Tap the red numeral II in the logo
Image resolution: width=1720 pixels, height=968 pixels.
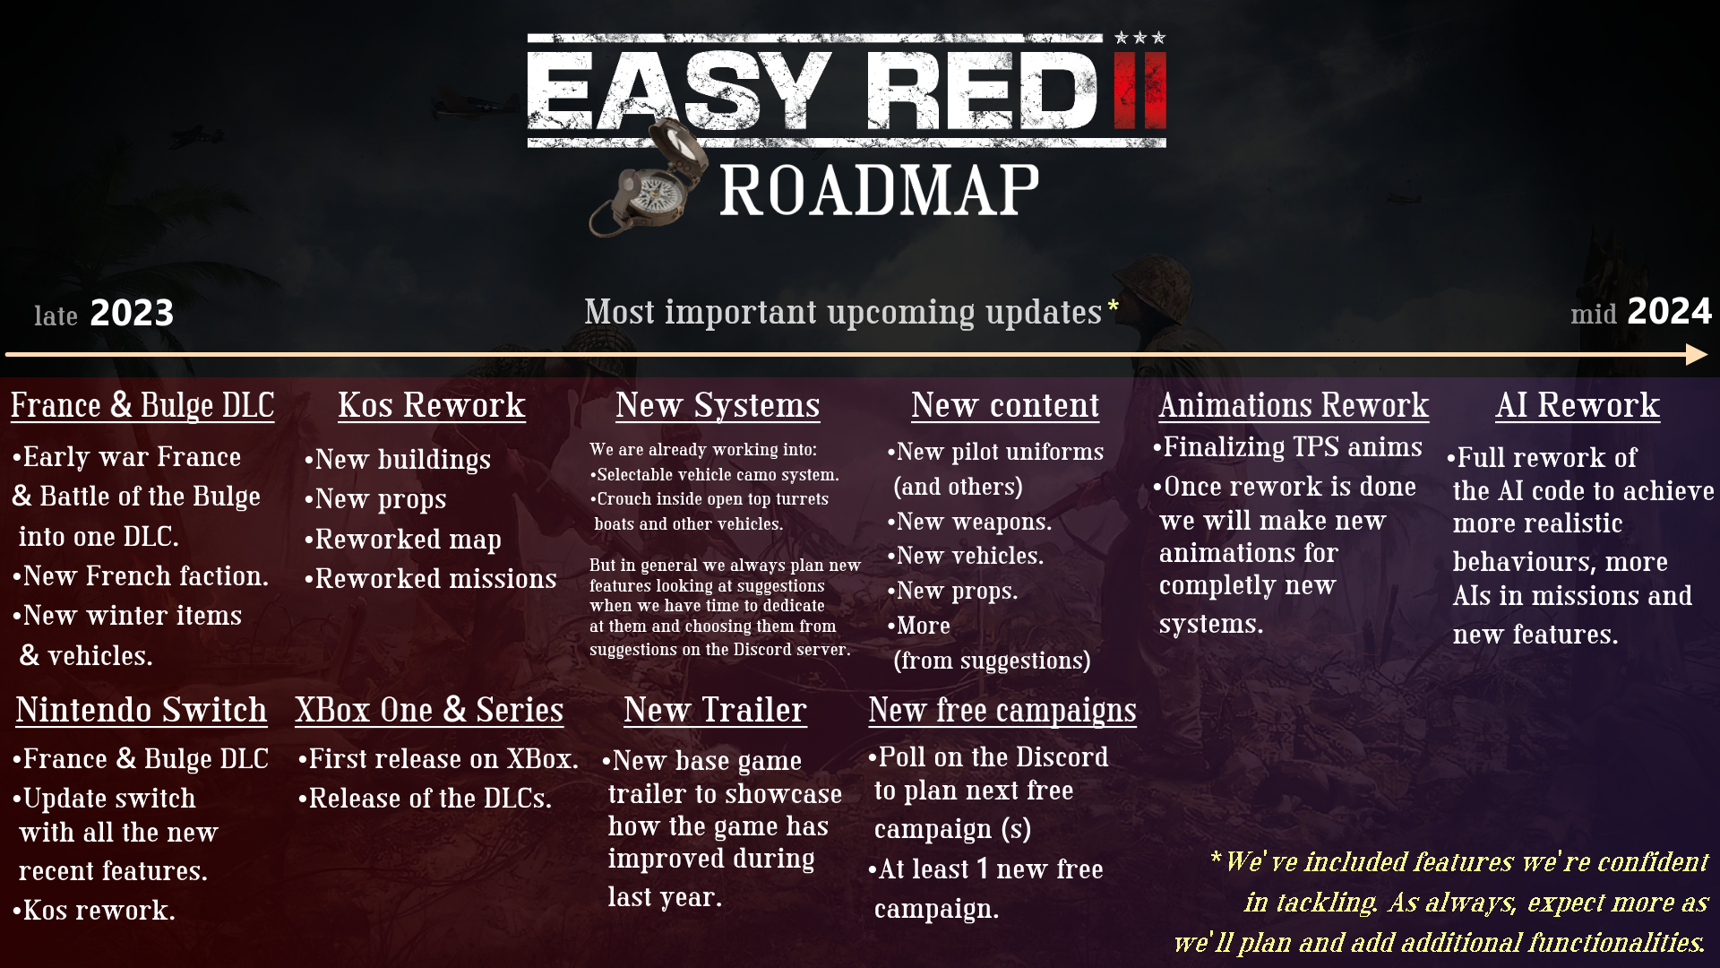1139,91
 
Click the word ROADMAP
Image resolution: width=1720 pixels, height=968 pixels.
879,191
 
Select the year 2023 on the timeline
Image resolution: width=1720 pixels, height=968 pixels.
132,314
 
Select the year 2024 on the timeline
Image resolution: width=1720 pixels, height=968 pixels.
1668,312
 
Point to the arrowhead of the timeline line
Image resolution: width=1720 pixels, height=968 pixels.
1696,355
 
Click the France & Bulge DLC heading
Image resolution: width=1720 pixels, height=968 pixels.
142,406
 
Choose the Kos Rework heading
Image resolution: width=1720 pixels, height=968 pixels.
431,406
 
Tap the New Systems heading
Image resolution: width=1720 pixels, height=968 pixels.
717,406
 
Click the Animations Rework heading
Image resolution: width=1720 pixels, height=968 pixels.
1293,406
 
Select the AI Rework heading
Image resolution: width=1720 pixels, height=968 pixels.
1577,406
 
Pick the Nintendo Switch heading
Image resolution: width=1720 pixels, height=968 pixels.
141,711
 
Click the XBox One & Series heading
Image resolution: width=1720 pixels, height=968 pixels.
429,711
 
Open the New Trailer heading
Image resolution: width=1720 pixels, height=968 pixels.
715,711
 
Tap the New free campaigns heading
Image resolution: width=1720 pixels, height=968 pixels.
1002,711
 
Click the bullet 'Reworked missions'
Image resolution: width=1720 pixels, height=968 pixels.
431,579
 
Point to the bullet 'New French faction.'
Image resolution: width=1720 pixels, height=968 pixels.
141,576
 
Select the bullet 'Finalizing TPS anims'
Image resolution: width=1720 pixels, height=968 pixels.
1287,447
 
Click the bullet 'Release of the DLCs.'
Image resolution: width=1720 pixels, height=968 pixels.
425,799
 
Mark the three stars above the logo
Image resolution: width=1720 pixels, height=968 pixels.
1139,38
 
